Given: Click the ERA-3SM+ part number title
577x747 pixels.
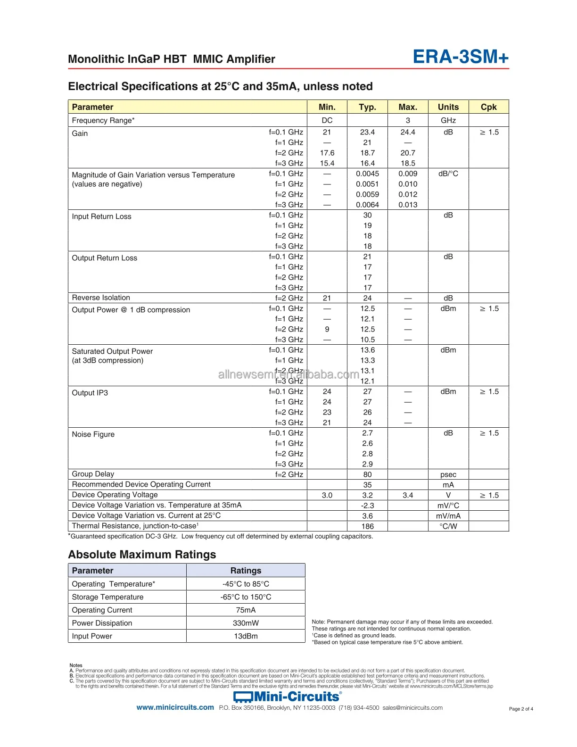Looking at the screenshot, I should (461, 57).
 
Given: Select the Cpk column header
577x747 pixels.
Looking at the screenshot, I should (488, 107).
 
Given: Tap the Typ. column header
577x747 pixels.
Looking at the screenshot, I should (367, 107).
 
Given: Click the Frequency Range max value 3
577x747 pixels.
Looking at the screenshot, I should (408, 120).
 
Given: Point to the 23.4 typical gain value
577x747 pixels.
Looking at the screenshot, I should (367, 133).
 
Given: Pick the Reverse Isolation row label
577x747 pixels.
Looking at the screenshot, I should (101, 298).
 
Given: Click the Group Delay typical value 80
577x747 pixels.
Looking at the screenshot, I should (367, 474).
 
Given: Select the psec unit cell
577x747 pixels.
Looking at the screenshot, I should (448, 474).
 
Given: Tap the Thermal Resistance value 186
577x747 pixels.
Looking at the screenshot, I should (367, 526).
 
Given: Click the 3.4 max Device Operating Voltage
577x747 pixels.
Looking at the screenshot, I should (408, 495).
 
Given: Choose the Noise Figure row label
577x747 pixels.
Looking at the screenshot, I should (93, 434).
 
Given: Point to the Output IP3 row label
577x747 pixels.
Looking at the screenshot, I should (90, 393).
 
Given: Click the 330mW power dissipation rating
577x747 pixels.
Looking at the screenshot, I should (246, 623).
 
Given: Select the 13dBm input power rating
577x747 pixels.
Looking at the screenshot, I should (246, 636).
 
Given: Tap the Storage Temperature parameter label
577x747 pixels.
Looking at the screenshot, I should (107, 597).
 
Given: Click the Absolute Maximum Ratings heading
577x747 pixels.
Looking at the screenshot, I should (142, 555).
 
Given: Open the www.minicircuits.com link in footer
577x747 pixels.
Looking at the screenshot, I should (175, 707).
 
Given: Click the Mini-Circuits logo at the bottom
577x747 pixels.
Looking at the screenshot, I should (288, 697).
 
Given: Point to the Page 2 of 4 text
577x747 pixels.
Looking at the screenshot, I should (521, 709).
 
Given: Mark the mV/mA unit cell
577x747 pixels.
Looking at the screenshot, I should (448, 516).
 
